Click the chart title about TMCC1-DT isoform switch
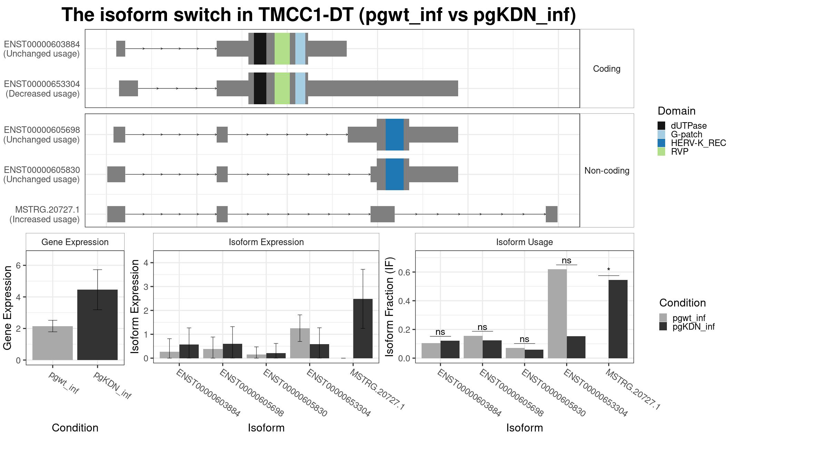[319, 15]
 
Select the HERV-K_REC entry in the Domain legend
[692, 143]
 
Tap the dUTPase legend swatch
[661, 126]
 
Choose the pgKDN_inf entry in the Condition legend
[687, 327]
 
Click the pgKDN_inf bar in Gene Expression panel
[97, 325]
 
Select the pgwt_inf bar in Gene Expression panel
[52, 343]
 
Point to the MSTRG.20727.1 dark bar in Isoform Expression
[363, 329]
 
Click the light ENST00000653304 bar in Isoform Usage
[557, 314]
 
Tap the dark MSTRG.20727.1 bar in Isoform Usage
[618, 319]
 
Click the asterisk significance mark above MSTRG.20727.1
[609, 270]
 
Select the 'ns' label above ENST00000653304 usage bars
[566, 261]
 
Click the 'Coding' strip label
[607, 69]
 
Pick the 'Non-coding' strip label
[607, 171]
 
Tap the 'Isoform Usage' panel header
[524, 242]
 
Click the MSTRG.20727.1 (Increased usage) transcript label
[45, 214]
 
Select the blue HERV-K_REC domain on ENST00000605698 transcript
[395, 135]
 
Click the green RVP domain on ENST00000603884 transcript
[282, 49]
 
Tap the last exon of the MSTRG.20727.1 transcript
[552, 214]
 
